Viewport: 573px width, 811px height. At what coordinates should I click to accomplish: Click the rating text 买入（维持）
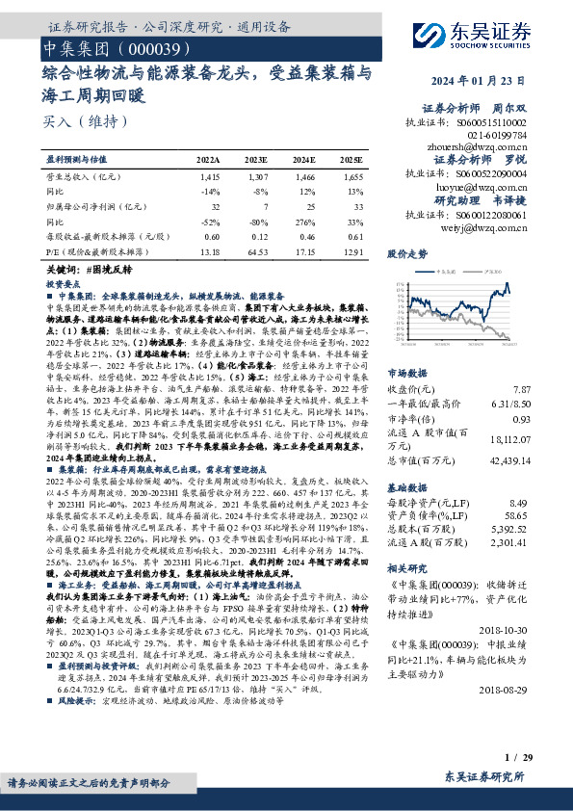[x=72, y=121]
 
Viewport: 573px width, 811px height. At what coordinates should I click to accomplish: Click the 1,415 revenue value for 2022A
[x=210, y=178]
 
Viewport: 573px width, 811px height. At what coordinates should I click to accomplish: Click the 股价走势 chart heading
[x=406, y=254]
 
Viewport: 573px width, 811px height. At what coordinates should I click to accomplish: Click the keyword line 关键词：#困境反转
[x=93, y=272]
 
